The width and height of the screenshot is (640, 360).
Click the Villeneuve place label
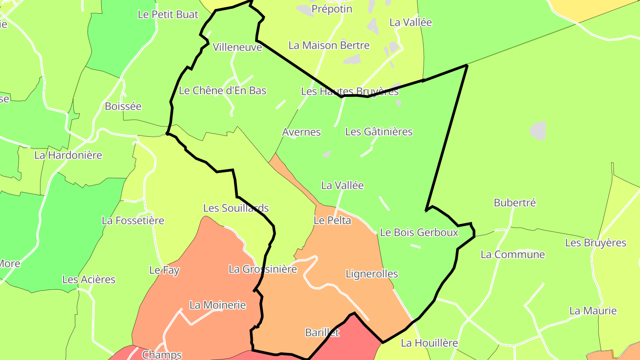pyautogui.click(x=237, y=47)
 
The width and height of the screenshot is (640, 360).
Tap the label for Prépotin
pyautogui.click(x=332, y=9)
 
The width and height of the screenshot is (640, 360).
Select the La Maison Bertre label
pyautogui.click(x=329, y=45)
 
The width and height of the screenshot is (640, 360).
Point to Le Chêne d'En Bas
pyautogui.click(x=222, y=91)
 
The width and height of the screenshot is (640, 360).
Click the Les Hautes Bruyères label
pyautogui.click(x=350, y=92)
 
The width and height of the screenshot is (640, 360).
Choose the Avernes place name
pyautogui.click(x=301, y=132)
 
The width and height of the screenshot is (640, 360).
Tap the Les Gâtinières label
pyautogui.click(x=379, y=132)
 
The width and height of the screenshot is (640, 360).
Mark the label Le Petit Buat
pyautogui.click(x=168, y=14)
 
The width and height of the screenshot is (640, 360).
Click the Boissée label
pyautogui.click(x=123, y=106)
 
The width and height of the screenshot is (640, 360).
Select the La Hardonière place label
pyautogui.click(x=68, y=156)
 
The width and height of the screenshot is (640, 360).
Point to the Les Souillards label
pyautogui.click(x=236, y=208)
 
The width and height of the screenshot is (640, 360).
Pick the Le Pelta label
pyautogui.click(x=332, y=220)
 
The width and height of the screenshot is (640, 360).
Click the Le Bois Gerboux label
pyautogui.click(x=419, y=232)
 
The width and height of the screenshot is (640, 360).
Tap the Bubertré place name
pyautogui.click(x=515, y=203)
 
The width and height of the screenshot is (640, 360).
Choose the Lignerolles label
pyautogui.click(x=372, y=274)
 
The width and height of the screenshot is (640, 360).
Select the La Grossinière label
pyautogui.click(x=263, y=269)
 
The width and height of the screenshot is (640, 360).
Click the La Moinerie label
pyautogui.click(x=217, y=305)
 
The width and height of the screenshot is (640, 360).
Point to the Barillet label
pyautogui.click(x=322, y=332)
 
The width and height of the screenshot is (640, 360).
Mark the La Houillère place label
pyautogui.click(x=429, y=343)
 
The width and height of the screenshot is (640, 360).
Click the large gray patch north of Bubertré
pyautogui.click(x=537, y=130)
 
